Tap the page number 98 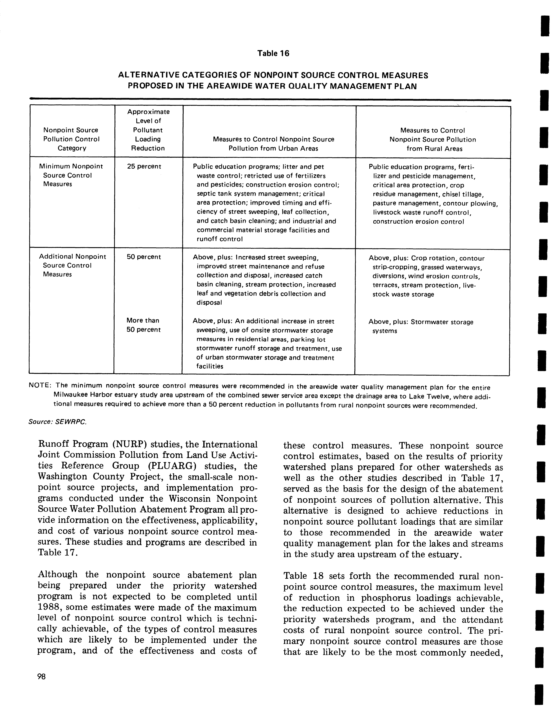[x=42, y=677]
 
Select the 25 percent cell [x=144, y=167]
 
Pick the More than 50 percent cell [x=143, y=325]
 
